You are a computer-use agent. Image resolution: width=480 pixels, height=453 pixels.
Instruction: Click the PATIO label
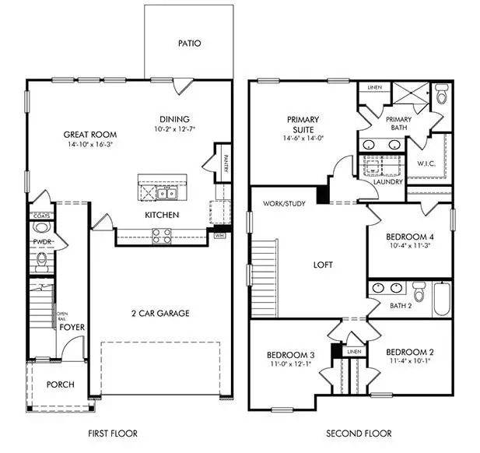(x=189, y=44)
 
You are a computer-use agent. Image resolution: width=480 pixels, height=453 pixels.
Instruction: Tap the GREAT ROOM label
(x=86, y=135)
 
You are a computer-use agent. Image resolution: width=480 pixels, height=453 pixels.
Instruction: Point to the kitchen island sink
(x=165, y=192)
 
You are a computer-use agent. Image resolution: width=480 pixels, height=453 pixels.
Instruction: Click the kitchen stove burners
(x=160, y=233)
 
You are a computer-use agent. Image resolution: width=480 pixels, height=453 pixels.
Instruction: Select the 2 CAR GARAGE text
(x=161, y=314)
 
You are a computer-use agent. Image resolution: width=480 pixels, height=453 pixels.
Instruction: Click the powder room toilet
(x=41, y=227)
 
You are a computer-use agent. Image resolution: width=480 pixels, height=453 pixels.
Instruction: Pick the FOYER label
(x=72, y=328)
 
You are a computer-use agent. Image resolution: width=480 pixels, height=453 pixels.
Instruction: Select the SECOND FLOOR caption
(x=358, y=434)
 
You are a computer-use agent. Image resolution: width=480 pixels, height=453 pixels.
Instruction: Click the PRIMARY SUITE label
(x=303, y=125)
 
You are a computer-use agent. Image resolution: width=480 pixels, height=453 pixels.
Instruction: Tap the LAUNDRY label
(x=387, y=182)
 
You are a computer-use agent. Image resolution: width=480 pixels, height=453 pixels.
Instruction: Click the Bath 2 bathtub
(x=441, y=300)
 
